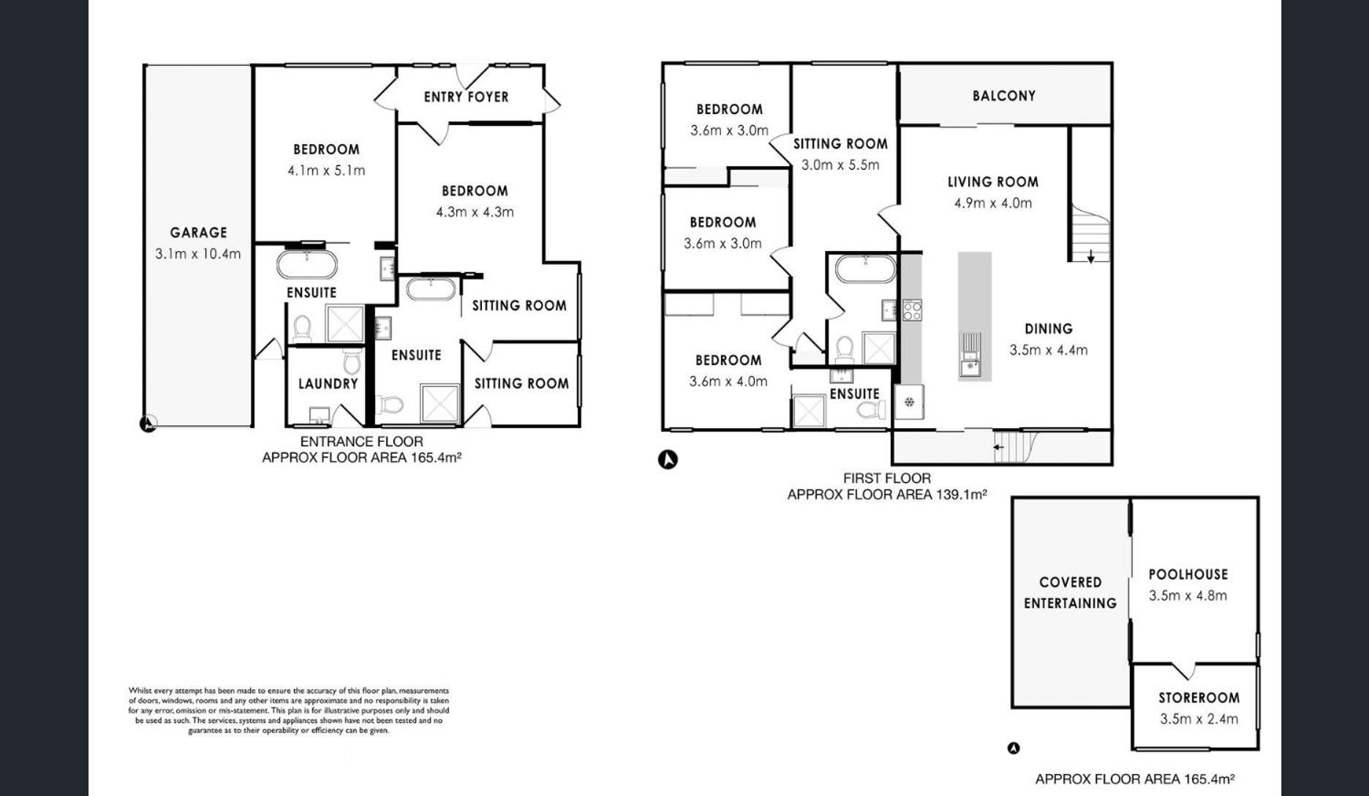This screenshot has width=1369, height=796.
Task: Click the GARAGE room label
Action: click(198, 233)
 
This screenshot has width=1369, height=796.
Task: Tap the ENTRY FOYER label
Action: click(466, 97)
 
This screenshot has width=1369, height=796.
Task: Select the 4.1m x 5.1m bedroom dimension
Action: click(326, 170)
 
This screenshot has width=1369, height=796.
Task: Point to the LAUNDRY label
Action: click(328, 383)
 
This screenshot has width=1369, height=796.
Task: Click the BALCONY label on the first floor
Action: click(1004, 96)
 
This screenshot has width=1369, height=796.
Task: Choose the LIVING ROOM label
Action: click(992, 181)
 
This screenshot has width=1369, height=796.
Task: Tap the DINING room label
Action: click(1048, 328)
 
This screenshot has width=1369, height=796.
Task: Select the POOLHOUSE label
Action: click(1188, 574)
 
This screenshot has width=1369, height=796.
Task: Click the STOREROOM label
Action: click(1199, 697)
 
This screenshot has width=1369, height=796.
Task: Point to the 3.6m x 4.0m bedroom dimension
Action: click(728, 381)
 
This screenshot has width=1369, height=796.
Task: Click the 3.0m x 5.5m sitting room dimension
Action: click(840, 165)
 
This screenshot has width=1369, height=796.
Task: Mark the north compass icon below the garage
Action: click(148, 424)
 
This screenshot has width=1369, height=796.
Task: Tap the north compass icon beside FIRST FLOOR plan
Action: click(668, 459)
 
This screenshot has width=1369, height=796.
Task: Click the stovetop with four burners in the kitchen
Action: click(912, 310)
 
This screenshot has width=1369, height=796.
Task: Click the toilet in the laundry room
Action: click(352, 360)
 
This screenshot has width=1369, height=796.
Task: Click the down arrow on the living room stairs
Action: click(1090, 256)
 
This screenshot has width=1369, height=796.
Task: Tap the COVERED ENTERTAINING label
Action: click(1070, 593)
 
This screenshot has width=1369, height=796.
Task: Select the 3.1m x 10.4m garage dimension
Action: click(197, 254)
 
